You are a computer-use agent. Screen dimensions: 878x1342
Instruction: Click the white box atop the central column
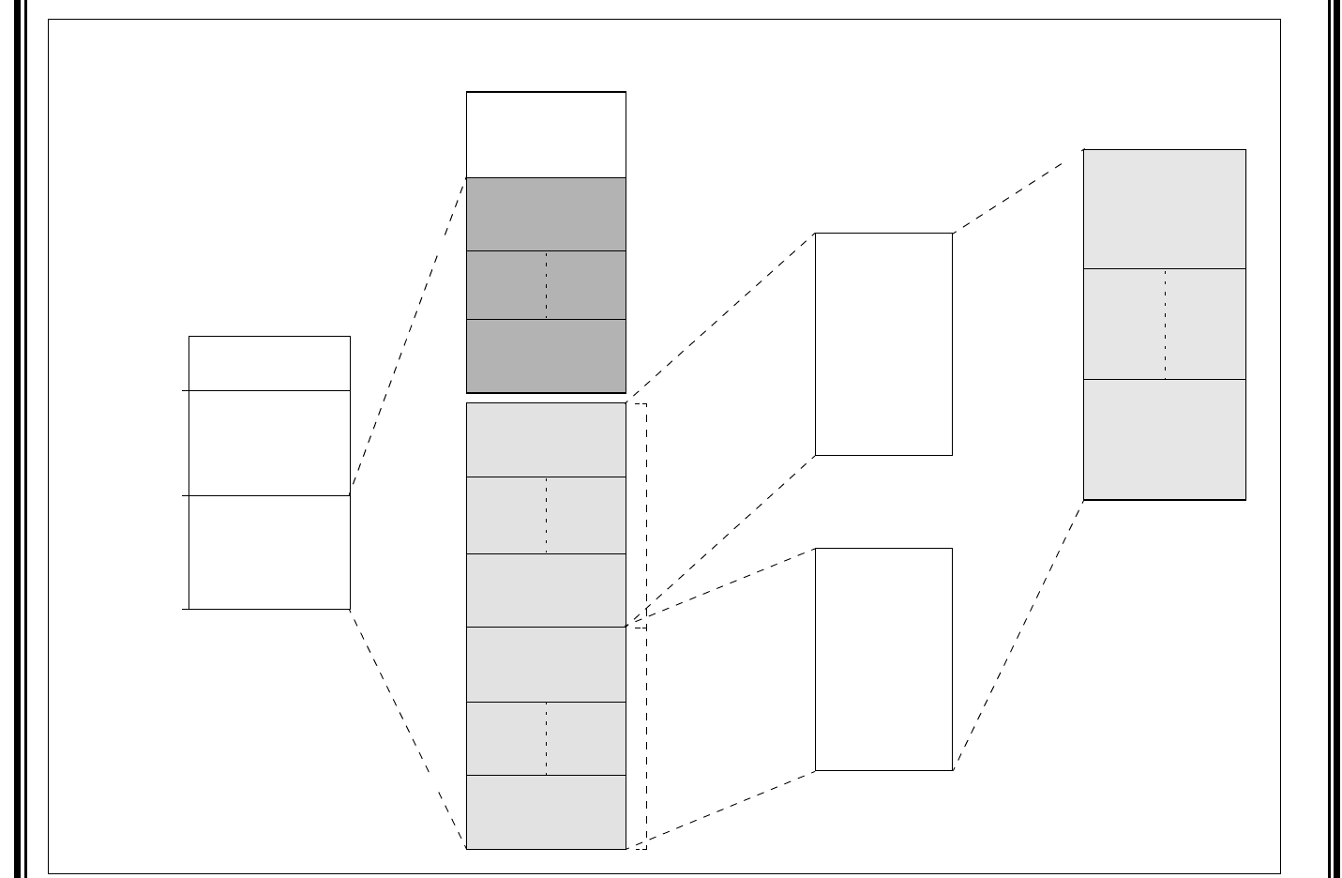[x=546, y=134]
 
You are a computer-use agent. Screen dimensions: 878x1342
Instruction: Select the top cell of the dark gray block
[x=546, y=214]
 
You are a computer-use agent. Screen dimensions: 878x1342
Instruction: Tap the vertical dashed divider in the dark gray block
[x=546, y=285]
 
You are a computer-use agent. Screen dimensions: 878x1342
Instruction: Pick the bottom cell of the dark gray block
[x=546, y=356]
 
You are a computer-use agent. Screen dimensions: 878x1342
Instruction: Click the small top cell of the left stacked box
[x=269, y=363]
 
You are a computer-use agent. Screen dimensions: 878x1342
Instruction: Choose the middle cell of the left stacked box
[x=269, y=443]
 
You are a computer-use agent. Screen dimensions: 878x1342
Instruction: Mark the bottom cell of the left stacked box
[x=269, y=553]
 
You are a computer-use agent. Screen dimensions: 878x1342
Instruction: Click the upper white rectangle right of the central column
[x=883, y=344]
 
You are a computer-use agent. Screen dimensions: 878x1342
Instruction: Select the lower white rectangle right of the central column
[x=883, y=659]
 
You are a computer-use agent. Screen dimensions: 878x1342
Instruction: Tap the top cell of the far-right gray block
[x=1164, y=209]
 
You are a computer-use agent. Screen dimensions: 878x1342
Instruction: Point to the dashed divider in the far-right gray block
[x=1165, y=325]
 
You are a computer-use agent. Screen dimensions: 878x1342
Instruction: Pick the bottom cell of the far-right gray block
[x=1164, y=440]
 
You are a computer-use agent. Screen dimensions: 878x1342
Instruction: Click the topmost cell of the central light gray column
[x=546, y=440]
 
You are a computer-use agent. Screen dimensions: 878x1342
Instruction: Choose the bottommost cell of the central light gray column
[x=546, y=812]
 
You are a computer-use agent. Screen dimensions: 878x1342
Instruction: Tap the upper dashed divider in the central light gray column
[x=546, y=516]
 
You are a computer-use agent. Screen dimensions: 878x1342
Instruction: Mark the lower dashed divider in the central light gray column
[x=546, y=739]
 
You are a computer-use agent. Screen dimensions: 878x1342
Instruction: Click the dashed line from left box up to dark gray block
[x=408, y=335]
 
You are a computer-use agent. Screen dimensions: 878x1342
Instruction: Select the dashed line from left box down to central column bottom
[x=408, y=729]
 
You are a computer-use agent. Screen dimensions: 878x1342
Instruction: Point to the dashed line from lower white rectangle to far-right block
[x=1018, y=635]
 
